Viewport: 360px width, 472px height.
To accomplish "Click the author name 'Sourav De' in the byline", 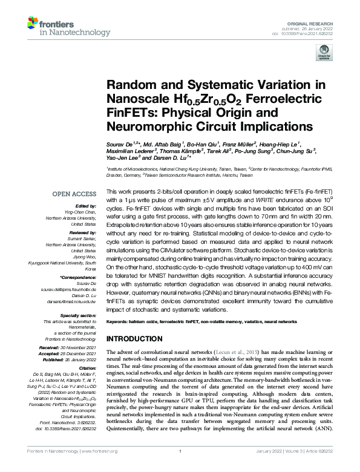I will tap(120, 145).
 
